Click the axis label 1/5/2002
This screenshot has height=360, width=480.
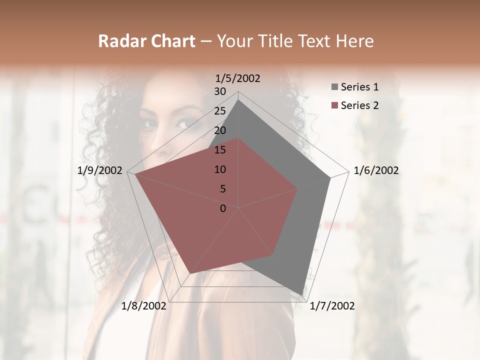[x=238, y=78]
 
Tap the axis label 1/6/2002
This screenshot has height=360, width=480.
[x=376, y=170]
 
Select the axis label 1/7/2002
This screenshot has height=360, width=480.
[x=332, y=306]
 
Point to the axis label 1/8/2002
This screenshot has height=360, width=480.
[x=144, y=306]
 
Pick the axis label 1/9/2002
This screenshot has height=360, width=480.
[x=100, y=170]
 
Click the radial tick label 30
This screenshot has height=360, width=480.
[x=220, y=91]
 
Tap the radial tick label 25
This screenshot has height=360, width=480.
[x=220, y=111]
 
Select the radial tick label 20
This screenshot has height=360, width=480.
[x=220, y=130]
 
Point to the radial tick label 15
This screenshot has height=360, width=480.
[x=220, y=150]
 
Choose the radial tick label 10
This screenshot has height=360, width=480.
[x=220, y=169]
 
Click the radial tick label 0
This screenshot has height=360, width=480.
[x=223, y=208]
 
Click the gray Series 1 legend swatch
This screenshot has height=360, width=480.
[x=334, y=87]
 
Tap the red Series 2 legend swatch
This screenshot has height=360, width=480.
[x=334, y=105]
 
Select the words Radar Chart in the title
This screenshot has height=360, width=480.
[x=146, y=41]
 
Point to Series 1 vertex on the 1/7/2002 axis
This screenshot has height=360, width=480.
[x=303, y=294]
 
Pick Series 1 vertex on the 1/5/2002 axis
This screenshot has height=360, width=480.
[x=238, y=100]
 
